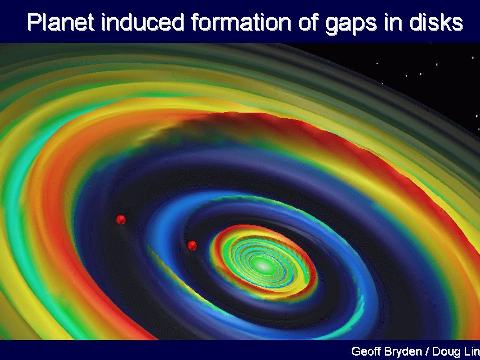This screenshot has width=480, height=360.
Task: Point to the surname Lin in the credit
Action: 472,351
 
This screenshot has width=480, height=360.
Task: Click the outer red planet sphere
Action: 121,219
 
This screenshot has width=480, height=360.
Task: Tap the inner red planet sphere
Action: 192,245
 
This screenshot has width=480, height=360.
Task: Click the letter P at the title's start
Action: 34,22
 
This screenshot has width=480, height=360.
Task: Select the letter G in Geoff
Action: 356,351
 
